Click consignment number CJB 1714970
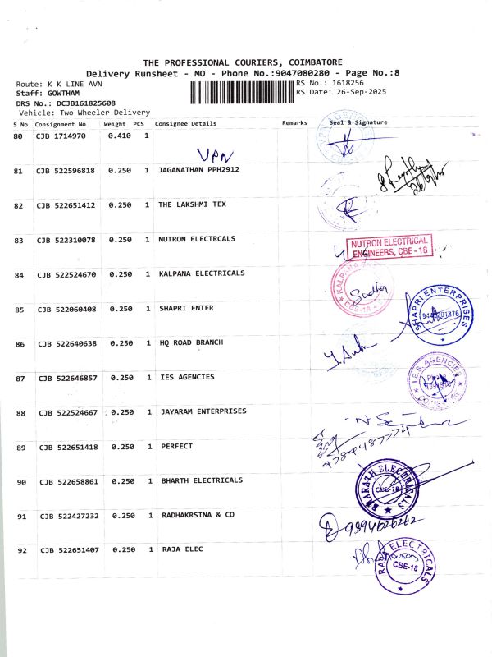click(61, 136)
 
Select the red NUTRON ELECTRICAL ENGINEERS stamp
click(390, 246)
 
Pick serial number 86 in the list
click(19, 344)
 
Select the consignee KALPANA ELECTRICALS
click(201, 273)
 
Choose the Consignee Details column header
click(186, 124)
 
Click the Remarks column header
click(294, 123)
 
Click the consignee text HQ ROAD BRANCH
click(190, 342)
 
